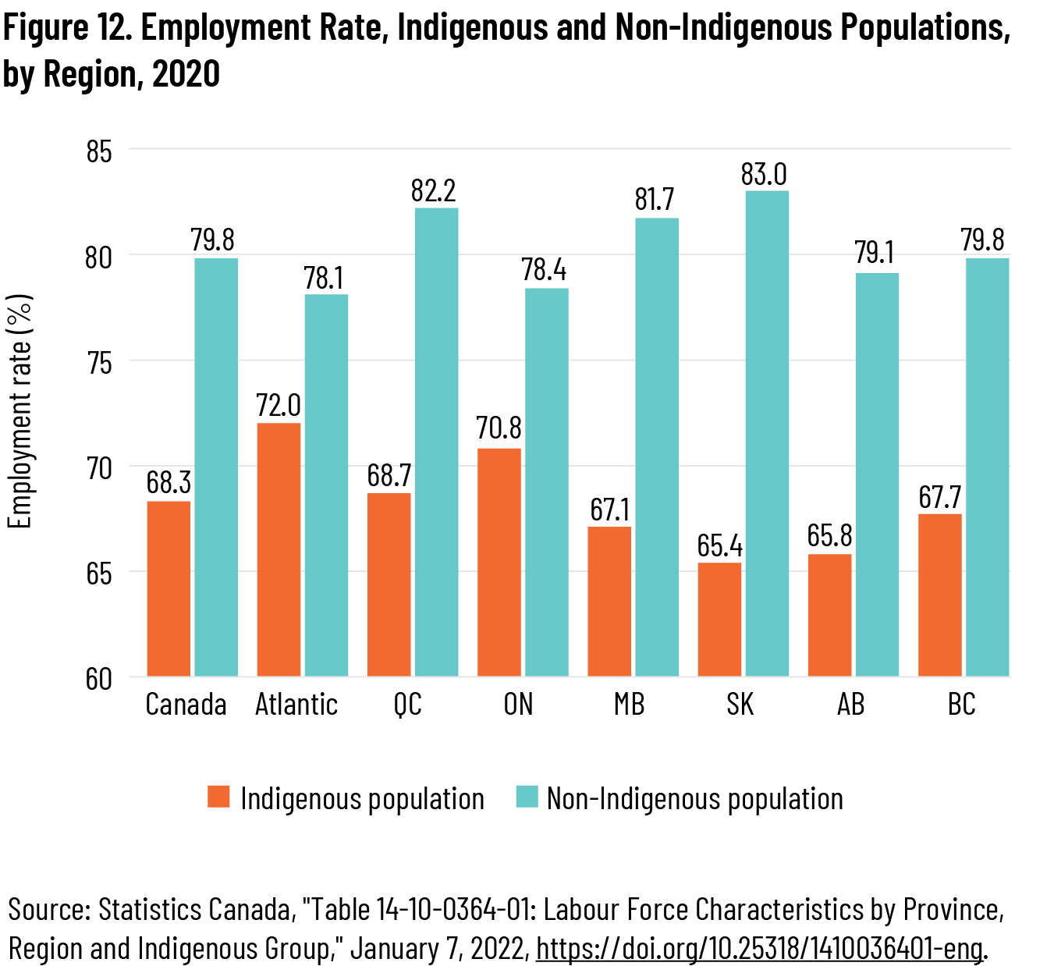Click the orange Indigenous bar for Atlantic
click(x=279, y=549)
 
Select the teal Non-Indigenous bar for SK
click(x=767, y=433)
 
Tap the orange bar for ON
click(x=499, y=562)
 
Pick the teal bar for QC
click(x=436, y=442)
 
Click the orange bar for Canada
click(x=169, y=588)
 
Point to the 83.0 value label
click(x=764, y=175)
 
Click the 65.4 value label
click(x=720, y=546)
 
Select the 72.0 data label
click(x=279, y=406)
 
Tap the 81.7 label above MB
click(x=654, y=201)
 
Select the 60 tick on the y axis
click(x=98, y=679)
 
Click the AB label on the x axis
click(x=850, y=705)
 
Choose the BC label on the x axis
click(x=962, y=705)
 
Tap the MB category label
click(x=629, y=705)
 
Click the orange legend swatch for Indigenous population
click(x=218, y=797)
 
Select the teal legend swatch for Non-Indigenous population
click(x=527, y=797)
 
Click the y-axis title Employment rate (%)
click(x=20, y=411)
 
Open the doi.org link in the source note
click(x=758, y=949)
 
